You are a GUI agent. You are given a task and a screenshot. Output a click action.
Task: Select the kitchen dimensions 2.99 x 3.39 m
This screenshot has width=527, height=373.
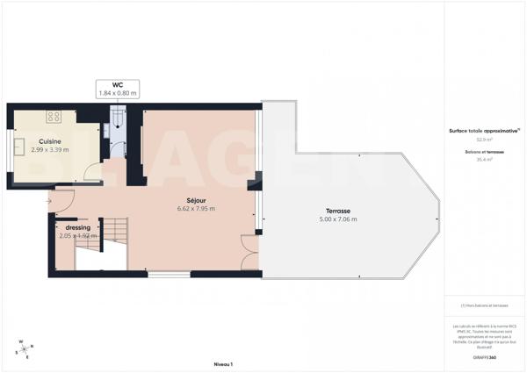(x=49, y=149)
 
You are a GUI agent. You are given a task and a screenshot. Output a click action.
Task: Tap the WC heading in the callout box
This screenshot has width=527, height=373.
(x=118, y=84)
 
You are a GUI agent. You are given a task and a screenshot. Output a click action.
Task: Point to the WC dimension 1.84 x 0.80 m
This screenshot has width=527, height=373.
(x=118, y=92)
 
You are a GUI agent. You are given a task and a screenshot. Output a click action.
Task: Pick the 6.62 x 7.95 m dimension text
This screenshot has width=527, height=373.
(x=196, y=209)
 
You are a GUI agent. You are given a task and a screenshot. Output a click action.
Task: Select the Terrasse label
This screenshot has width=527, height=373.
(x=338, y=212)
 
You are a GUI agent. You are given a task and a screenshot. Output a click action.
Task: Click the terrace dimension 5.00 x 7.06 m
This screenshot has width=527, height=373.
(x=338, y=220)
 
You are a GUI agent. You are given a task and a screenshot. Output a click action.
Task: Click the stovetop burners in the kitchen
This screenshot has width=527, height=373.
(x=54, y=115)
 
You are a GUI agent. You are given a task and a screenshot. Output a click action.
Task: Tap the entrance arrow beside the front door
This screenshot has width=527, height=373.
(x=49, y=202)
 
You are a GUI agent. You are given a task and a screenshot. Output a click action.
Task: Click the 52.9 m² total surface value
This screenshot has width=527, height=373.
(x=483, y=139)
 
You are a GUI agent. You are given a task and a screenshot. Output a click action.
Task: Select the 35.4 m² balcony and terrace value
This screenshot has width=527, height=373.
(x=483, y=160)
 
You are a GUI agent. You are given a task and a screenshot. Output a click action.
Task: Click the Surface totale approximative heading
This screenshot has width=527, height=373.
(x=483, y=130)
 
